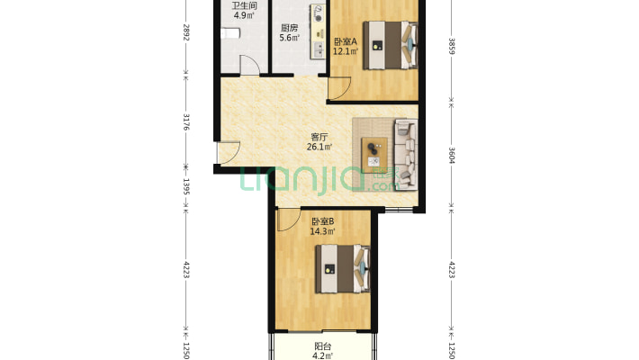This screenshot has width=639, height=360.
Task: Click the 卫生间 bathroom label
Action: (x=244, y=5)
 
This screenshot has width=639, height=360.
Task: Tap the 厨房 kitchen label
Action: (x=289, y=28)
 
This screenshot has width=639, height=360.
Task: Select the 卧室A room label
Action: (x=346, y=41)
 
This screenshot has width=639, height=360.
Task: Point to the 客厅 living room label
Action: (x=319, y=137)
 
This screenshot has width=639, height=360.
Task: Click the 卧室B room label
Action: (x=323, y=221)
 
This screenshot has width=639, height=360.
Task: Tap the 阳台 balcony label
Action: (x=323, y=346)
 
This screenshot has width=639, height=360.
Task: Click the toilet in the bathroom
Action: (x=230, y=33)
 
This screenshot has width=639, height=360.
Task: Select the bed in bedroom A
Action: (x=391, y=45)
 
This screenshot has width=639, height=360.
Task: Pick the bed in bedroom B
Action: (x=343, y=269)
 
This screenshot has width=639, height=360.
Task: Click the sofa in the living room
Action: (x=406, y=155)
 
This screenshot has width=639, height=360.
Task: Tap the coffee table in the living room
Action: (x=374, y=156)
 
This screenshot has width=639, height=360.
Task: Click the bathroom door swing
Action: (x=249, y=65)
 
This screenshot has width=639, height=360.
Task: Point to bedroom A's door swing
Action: (x=339, y=88)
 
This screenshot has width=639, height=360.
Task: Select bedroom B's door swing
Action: (x=289, y=220)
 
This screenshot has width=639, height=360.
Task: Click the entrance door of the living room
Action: (x=228, y=153)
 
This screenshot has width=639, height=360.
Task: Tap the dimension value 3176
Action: (x=186, y=122)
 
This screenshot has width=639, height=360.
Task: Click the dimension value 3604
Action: (x=452, y=156)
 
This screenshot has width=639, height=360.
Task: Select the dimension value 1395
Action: (x=186, y=186)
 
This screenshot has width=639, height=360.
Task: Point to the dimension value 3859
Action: (x=452, y=46)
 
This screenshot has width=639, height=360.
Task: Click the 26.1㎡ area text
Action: (x=319, y=147)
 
